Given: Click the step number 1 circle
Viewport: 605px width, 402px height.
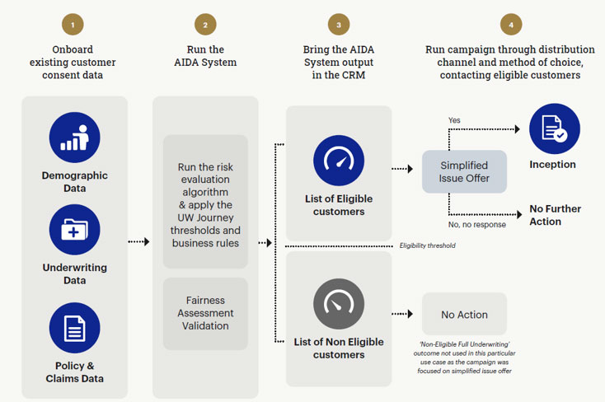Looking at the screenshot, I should pos(73,25).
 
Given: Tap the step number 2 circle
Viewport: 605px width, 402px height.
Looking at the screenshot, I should pos(204,25).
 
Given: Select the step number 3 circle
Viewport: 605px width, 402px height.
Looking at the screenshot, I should pos(338,25).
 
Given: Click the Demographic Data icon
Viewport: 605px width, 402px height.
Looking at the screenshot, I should pos(74,138).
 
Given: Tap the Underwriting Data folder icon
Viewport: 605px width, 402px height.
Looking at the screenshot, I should pos(74,230).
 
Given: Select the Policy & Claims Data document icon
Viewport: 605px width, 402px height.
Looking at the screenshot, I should pos(74,328).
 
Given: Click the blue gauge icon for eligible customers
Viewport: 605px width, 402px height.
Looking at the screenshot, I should pos(338,161).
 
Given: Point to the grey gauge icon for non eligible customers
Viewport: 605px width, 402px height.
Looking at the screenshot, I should pos(338,305).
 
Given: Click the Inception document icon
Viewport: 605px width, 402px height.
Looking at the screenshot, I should pos(554,129).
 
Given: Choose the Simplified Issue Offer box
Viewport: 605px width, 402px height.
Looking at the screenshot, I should pos(464,171).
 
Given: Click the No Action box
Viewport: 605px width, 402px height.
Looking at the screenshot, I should pos(464,315).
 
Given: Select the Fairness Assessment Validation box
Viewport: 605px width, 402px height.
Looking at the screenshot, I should pos(205,313).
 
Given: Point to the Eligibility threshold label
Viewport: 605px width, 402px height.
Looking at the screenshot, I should pos(427,245).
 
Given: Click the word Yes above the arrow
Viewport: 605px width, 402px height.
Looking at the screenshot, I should pos(454,120).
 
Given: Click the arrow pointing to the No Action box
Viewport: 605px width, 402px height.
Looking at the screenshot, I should pos(402,314).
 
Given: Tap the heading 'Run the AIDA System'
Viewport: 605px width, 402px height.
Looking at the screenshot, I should pos(205,56).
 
